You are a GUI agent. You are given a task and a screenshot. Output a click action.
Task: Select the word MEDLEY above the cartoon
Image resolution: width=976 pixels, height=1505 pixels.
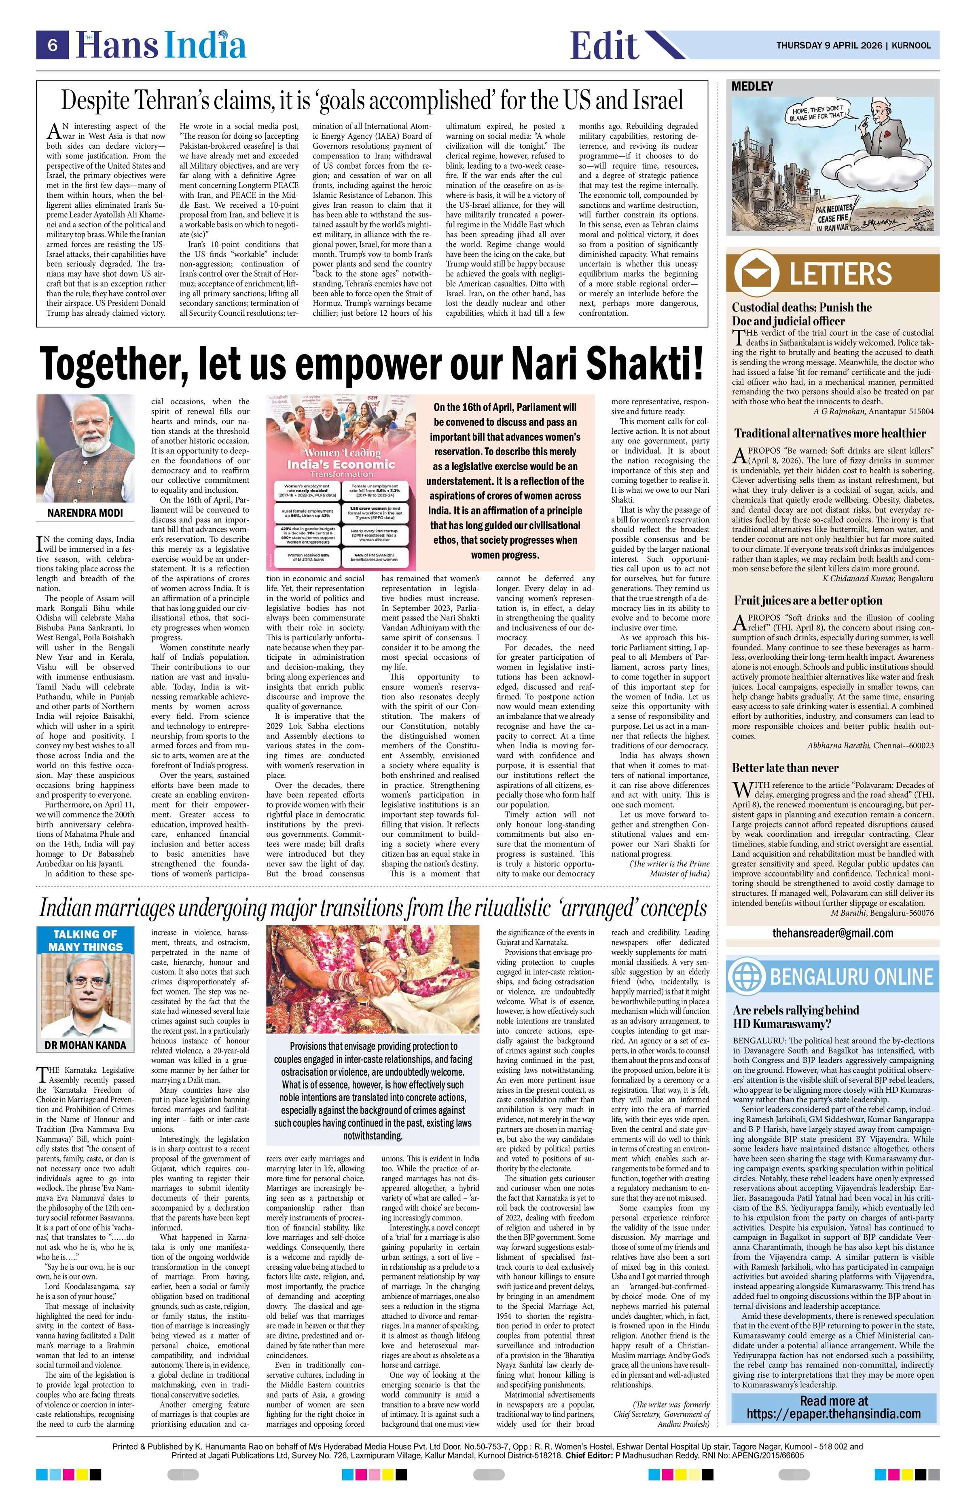752,87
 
